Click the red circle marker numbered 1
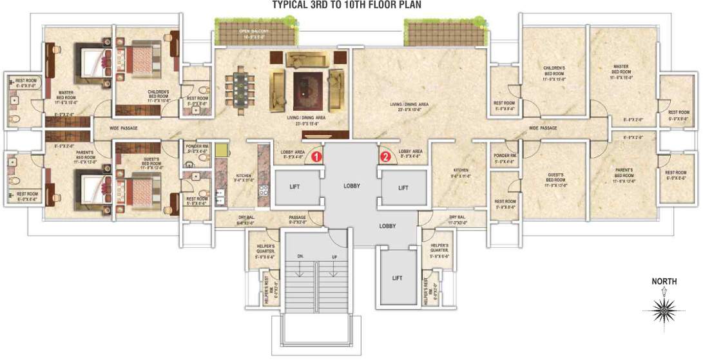click(x=316, y=156)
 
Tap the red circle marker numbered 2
click(x=385, y=156)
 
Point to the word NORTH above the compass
click(x=663, y=281)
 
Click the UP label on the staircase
click(x=333, y=256)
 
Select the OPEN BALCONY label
click(x=253, y=31)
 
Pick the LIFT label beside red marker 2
click(x=403, y=187)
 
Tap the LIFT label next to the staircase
click(x=396, y=278)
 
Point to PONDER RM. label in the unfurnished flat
click(x=505, y=156)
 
